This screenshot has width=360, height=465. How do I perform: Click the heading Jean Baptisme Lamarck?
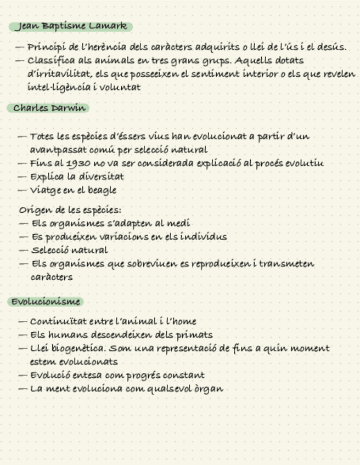(x=71, y=26)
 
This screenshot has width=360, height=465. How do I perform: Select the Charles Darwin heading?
(x=49, y=108)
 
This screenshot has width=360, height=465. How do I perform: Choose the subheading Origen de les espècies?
(x=70, y=210)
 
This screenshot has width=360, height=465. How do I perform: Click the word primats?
(x=195, y=334)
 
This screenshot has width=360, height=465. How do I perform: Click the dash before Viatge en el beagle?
(x=22, y=190)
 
